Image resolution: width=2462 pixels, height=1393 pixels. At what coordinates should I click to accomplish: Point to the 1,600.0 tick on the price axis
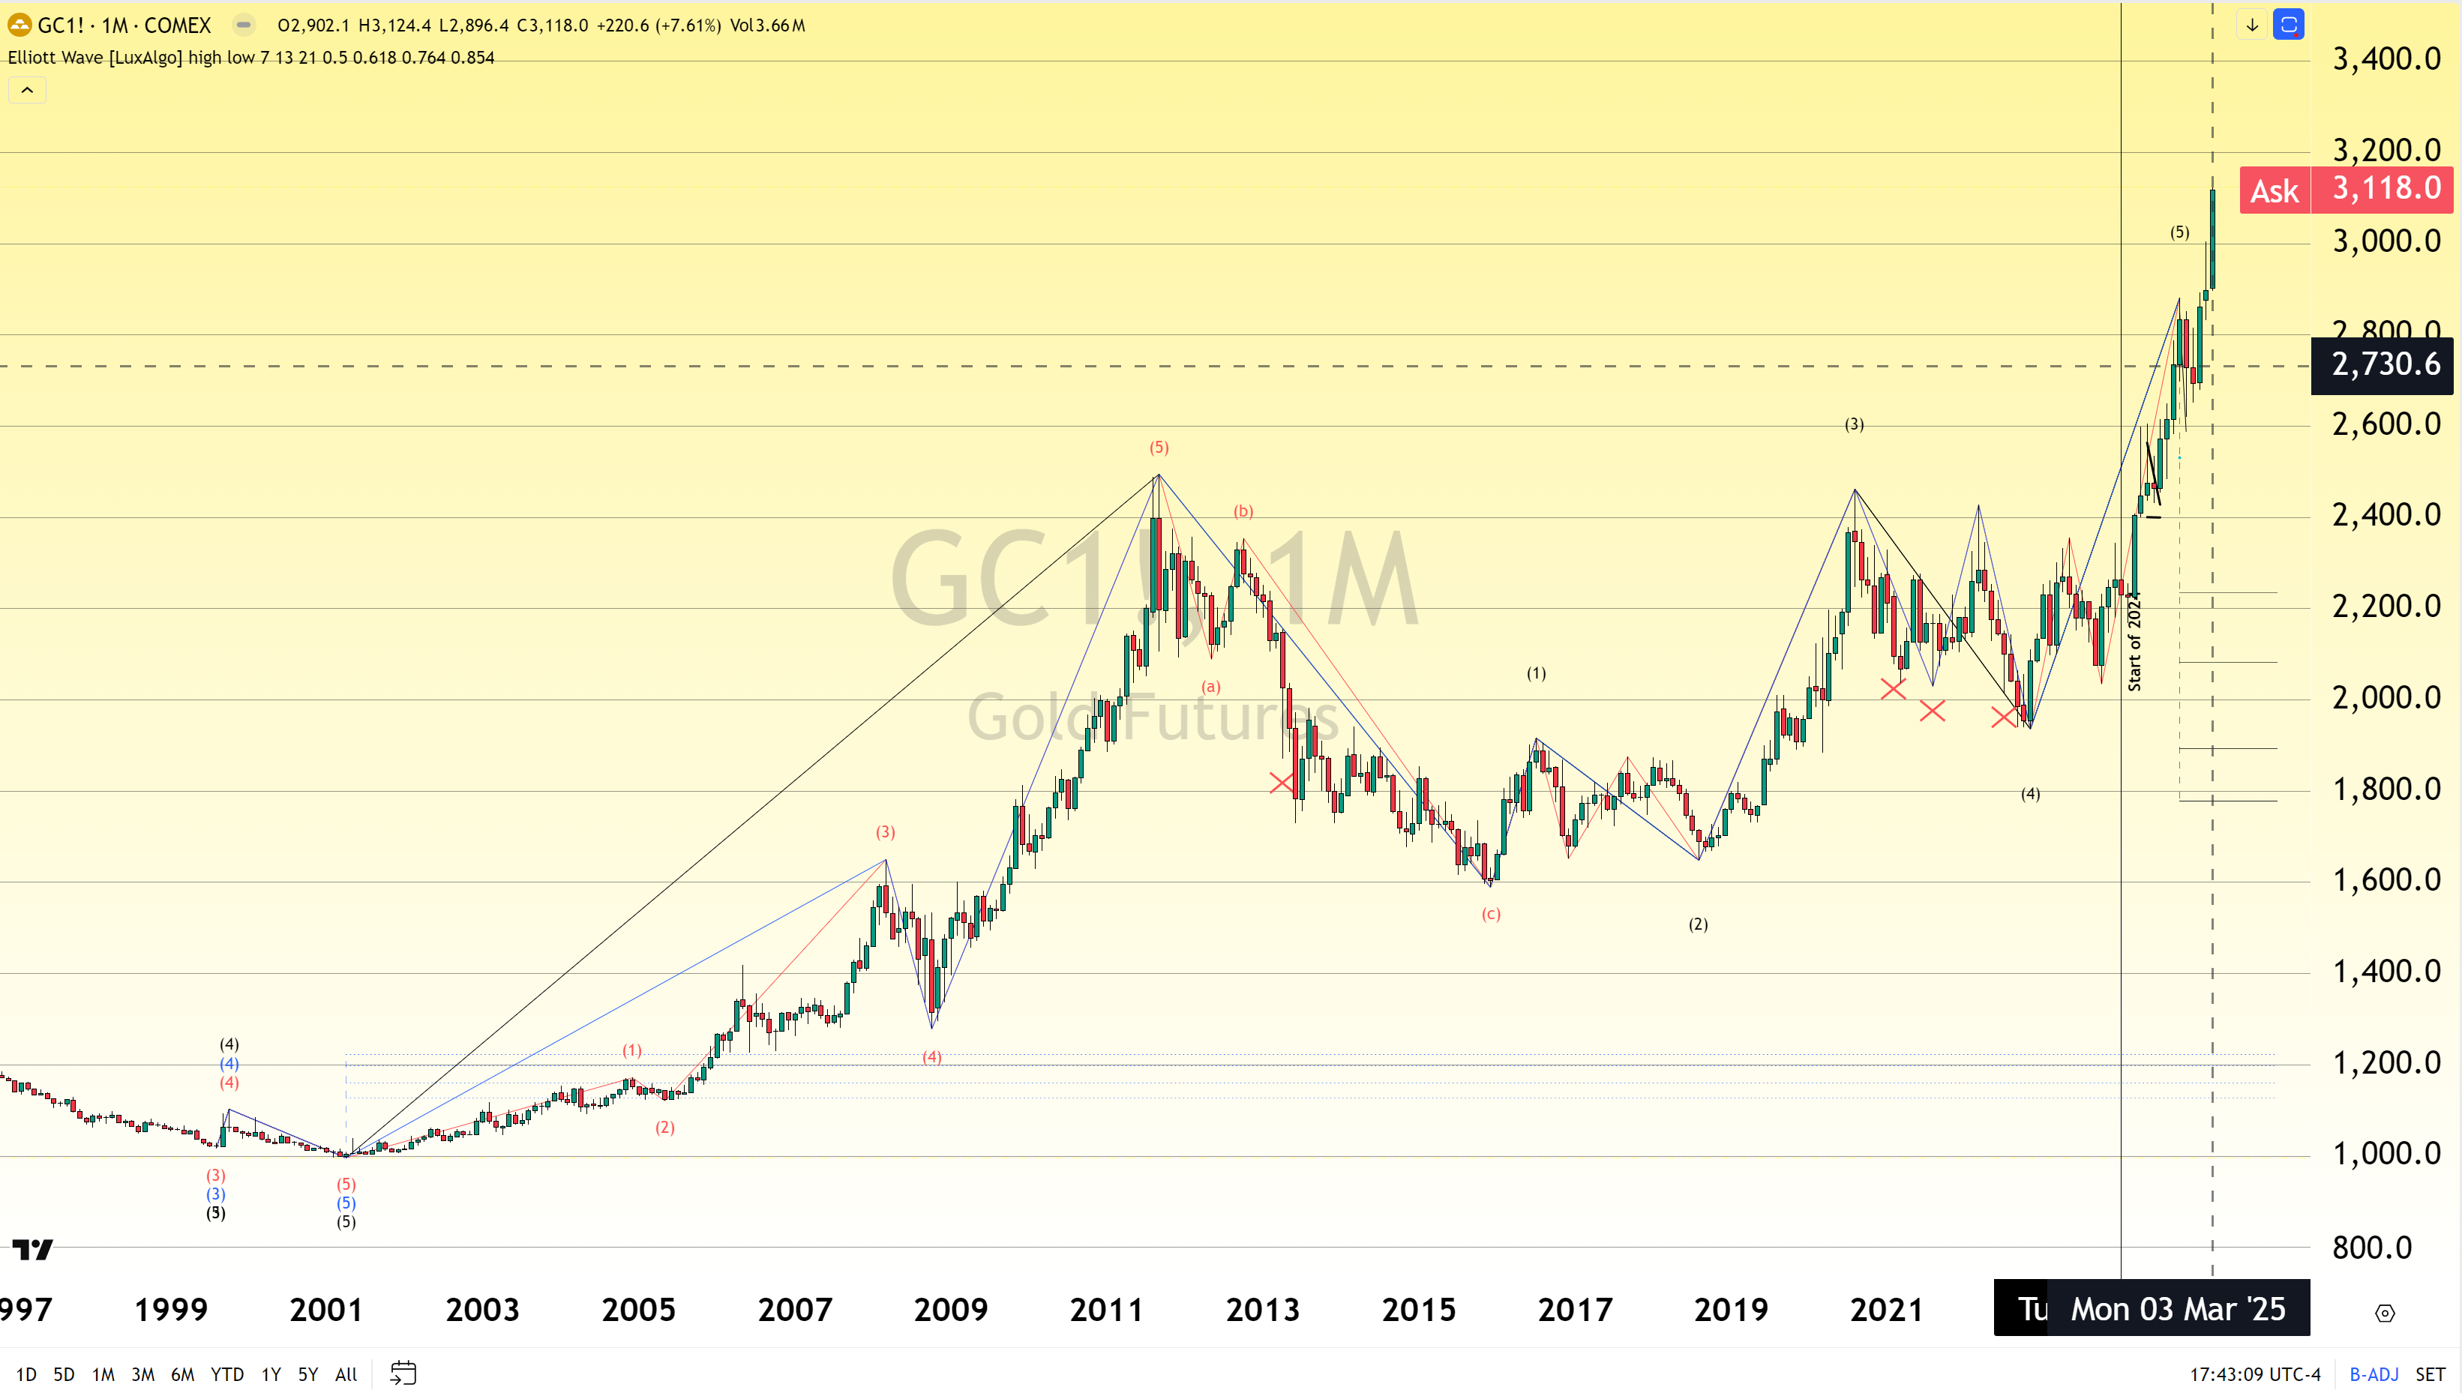click(2386, 879)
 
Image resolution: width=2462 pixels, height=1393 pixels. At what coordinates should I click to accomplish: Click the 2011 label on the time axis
click(1106, 1309)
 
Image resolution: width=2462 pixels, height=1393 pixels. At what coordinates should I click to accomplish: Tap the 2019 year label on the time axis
click(1730, 1309)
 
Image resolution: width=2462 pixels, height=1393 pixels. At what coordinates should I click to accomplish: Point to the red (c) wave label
click(1491, 915)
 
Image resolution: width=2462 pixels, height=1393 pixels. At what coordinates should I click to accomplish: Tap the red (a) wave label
click(1211, 687)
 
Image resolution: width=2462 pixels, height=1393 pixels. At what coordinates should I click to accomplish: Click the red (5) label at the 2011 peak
click(1159, 448)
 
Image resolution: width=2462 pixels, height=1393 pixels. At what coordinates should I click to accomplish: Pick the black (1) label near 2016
click(1536, 673)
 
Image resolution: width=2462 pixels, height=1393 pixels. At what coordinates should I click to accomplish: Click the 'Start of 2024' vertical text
click(2134, 641)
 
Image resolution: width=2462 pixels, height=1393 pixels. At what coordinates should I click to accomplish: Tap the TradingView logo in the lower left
click(32, 1250)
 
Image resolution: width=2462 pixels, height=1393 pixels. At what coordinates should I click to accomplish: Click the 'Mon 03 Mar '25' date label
click(2178, 1309)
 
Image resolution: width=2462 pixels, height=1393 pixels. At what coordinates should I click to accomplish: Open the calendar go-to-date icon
click(403, 1374)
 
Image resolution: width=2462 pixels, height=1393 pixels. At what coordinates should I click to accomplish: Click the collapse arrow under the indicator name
click(27, 90)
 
